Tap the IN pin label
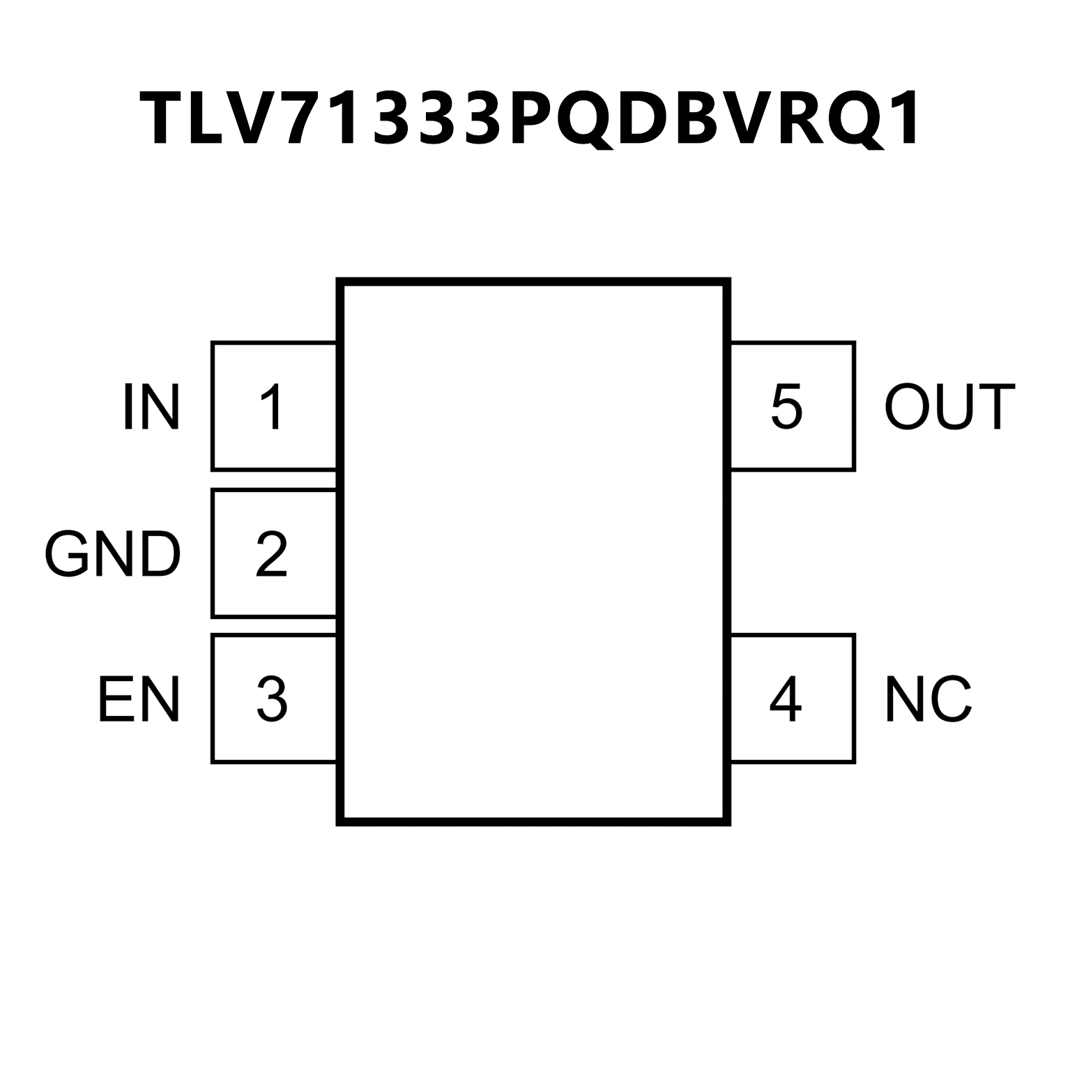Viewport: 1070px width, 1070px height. pyautogui.click(x=151, y=407)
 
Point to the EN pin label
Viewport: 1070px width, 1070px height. pyautogui.click(x=139, y=699)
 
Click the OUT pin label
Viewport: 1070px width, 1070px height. pyautogui.click(x=949, y=407)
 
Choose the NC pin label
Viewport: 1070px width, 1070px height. pyautogui.click(x=928, y=699)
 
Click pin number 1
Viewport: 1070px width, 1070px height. pyautogui.click(x=272, y=407)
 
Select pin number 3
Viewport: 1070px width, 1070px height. pyautogui.click(x=272, y=699)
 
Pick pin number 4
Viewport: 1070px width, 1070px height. pyautogui.click(x=786, y=699)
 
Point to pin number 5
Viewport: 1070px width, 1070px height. pyautogui.click(x=786, y=407)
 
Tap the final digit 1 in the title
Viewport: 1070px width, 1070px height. pyautogui.click(x=903, y=119)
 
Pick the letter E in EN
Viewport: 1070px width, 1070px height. pyautogui.click(x=115, y=699)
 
